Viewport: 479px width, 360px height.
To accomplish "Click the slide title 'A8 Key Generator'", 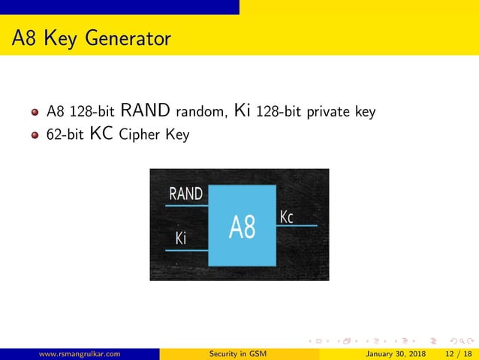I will (x=91, y=38).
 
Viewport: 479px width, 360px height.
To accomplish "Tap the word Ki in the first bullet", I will (x=243, y=112).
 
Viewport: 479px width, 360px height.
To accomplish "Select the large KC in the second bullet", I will (x=102, y=135).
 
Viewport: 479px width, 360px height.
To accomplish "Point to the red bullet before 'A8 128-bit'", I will (x=35, y=113).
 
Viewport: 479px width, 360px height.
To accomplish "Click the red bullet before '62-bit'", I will (x=35, y=136).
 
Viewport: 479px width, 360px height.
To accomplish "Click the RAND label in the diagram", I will (x=185, y=194).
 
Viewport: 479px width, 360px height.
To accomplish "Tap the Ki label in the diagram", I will (x=180, y=239).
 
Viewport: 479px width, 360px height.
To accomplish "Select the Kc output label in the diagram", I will (x=286, y=217).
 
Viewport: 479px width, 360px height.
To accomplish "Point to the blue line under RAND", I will (x=187, y=204).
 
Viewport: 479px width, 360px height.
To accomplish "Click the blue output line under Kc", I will (x=297, y=225).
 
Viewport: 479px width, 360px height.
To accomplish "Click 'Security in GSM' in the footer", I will (x=239, y=353).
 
